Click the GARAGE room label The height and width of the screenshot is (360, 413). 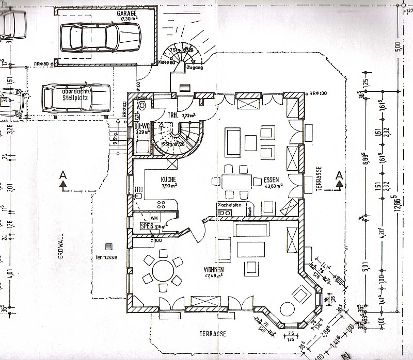pyautogui.click(x=126, y=13)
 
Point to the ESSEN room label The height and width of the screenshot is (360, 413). pyautogui.click(x=271, y=179)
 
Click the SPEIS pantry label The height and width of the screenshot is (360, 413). pyautogui.click(x=147, y=226)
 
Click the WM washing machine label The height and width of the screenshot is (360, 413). pyautogui.click(x=153, y=218)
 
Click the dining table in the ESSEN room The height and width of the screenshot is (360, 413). pyautogui.click(x=237, y=181)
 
